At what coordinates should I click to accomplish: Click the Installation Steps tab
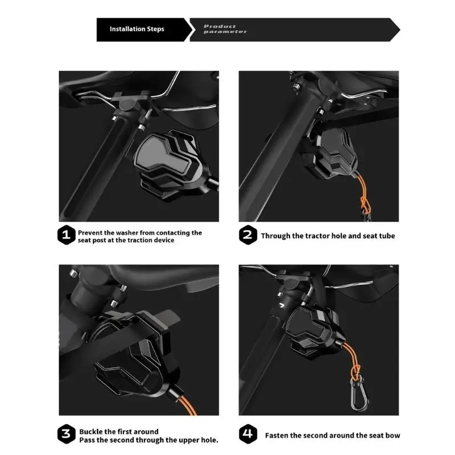click(x=138, y=29)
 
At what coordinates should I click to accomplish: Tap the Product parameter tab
click(x=227, y=29)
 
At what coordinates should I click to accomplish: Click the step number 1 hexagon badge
click(x=67, y=236)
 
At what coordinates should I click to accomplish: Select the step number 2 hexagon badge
click(x=248, y=235)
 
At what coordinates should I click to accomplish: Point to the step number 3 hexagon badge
click(x=67, y=435)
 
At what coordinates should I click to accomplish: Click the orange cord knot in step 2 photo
click(x=362, y=200)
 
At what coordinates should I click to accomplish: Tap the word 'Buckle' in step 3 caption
click(x=91, y=432)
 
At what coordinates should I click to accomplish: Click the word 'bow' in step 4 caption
click(x=392, y=436)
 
